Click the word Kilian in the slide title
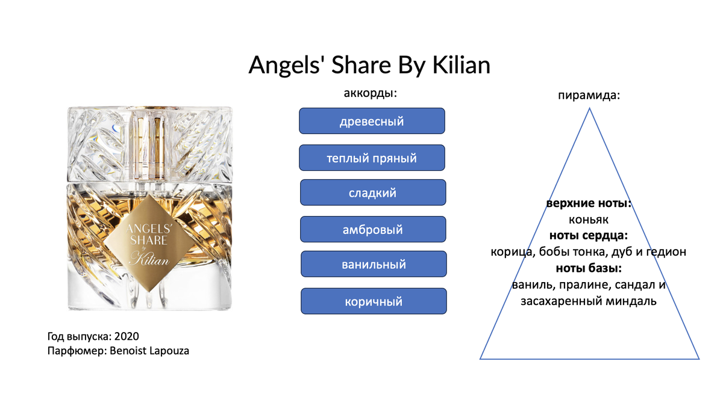(462, 65)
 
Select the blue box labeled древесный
(372, 121)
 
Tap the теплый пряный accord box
(372, 158)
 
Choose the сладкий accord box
(373, 192)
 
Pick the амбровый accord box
(373, 229)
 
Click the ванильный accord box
(374, 264)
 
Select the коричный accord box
(374, 301)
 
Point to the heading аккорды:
(370, 93)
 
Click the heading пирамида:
(589, 96)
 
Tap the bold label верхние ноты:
(589, 203)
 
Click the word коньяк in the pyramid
(589, 220)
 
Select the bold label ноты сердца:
(589, 236)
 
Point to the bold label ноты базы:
(589, 268)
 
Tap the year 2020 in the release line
(127, 336)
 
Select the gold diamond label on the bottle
(149, 243)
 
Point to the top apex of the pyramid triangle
(589, 108)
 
